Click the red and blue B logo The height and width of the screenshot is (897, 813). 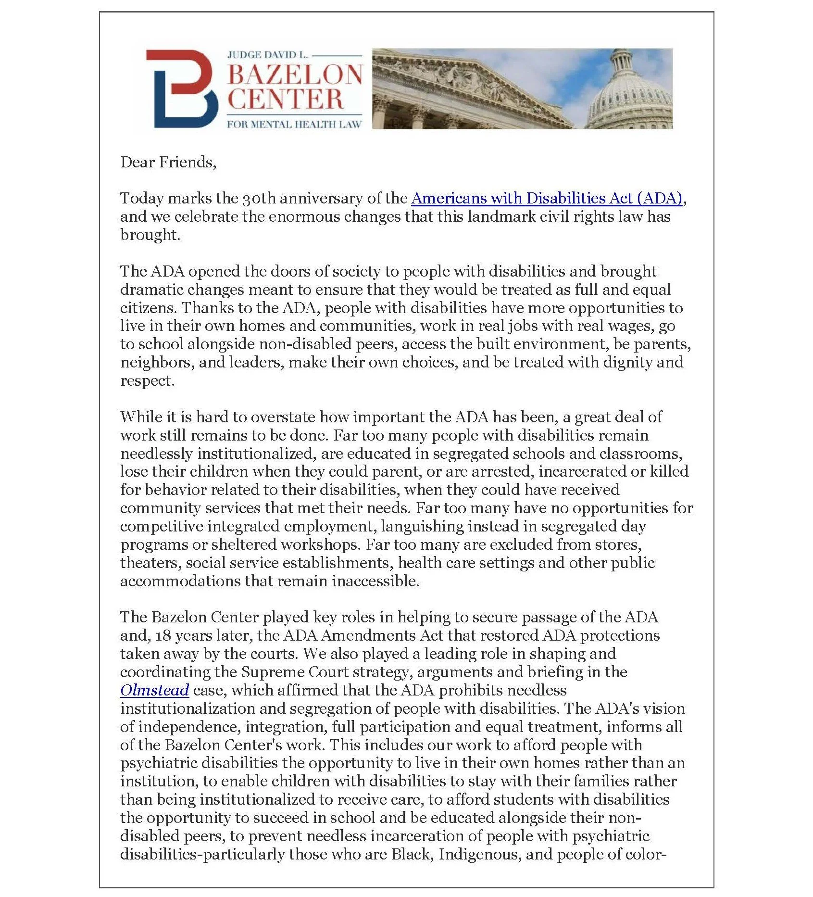[x=182, y=88]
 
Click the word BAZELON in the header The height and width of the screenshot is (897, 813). [x=294, y=75]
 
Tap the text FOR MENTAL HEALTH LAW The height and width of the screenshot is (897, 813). [x=294, y=125]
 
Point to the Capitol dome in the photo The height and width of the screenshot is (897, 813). [x=629, y=94]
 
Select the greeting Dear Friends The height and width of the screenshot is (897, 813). [x=168, y=162]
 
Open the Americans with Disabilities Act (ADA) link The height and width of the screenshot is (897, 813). [x=547, y=198]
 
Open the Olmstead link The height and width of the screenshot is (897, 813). [x=154, y=690]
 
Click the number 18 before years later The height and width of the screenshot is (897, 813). [x=163, y=635]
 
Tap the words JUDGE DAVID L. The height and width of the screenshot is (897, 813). [x=267, y=55]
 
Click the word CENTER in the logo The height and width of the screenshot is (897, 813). [x=286, y=100]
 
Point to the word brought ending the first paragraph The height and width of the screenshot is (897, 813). [x=149, y=235]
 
